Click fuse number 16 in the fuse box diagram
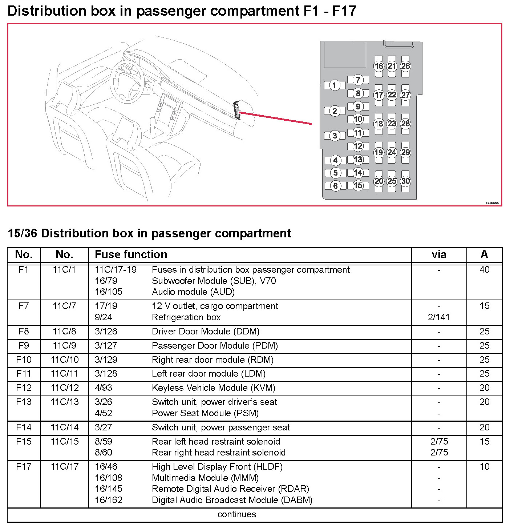pos(379,66)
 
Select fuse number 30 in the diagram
pos(405,181)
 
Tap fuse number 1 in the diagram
pos(335,85)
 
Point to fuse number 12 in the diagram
pos(358,146)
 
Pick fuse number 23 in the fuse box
pos(392,124)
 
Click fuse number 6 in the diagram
pos(335,186)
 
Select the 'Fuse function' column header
pos(131,254)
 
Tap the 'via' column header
pos(439,254)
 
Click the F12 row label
pos(24,388)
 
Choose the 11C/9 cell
pos(65,345)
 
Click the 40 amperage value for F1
pos(484,270)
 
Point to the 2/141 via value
pos(439,317)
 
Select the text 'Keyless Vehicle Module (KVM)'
pos(214,388)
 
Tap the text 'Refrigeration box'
pos(186,317)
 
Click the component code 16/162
pos(109,500)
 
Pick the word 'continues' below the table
pos(237,514)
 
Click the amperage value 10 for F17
pos(484,467)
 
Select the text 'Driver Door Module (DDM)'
pos(206,332)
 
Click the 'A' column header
pos(484,254)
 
